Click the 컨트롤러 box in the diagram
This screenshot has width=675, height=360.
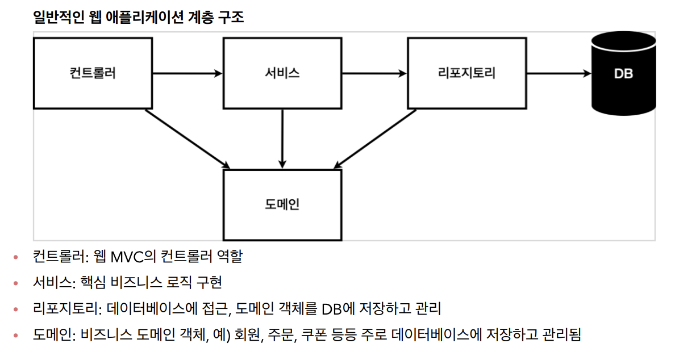click(93, 73)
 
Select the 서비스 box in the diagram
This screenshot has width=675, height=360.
click(282, 73)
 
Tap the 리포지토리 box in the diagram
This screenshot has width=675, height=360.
click(467, 73)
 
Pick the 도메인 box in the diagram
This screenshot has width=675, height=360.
click(282, 204)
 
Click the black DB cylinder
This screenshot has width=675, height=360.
click(623, 73)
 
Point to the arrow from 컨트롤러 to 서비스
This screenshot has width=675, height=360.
click(188, 73)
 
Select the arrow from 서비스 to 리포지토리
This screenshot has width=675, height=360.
click(374, 73)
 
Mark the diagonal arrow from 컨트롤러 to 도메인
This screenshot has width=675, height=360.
click(188, 138)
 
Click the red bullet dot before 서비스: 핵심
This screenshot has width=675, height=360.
click(16, 283)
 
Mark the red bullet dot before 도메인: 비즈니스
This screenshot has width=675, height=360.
click(16, 336)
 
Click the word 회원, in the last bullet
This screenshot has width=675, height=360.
click(248, 335)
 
